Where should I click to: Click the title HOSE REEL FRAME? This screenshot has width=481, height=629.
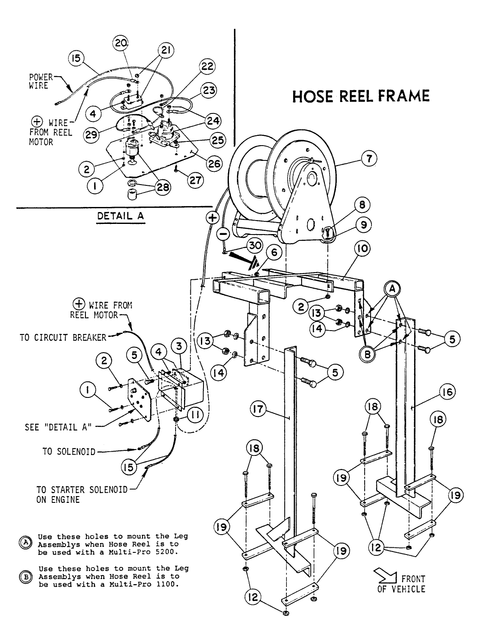361,96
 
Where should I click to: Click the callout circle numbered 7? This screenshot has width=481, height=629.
368,159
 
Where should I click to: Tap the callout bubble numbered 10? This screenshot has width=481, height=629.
362,249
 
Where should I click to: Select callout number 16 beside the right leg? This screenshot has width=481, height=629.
447,392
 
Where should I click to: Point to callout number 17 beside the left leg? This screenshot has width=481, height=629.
259,410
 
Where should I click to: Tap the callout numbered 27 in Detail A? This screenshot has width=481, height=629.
195,180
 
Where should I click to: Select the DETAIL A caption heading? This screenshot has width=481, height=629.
121,215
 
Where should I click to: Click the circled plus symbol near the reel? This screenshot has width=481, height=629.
212,218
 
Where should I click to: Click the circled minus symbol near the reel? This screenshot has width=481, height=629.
224,233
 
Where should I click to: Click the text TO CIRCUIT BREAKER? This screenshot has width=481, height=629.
63,337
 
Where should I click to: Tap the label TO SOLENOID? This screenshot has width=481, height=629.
69,451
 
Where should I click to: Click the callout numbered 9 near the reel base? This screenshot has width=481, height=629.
363,225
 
